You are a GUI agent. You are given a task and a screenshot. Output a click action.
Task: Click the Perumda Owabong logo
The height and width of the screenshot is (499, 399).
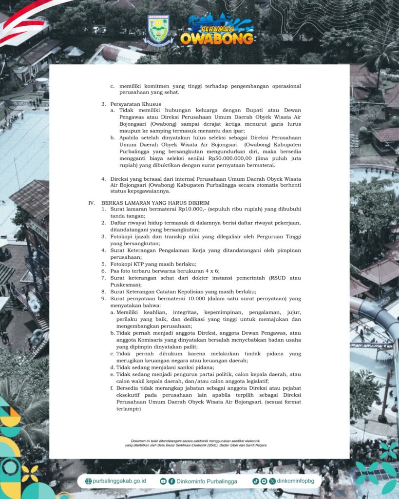[x=217, y=31]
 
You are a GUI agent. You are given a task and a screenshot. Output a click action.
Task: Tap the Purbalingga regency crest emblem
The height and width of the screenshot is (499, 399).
[x=158, y=30]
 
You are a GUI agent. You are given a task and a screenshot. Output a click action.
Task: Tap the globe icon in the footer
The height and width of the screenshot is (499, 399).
[x=88, y=481]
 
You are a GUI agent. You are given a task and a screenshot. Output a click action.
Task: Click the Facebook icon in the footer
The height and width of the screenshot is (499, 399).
[x=171, y=481]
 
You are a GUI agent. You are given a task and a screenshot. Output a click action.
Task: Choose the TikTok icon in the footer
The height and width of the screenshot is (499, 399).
[x=255, y=481]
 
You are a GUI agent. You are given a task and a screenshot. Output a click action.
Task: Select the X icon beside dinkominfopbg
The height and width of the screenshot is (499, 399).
[x=272, y=481]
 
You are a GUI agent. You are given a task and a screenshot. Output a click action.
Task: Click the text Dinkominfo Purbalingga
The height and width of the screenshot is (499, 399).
[x=207, y=481]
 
